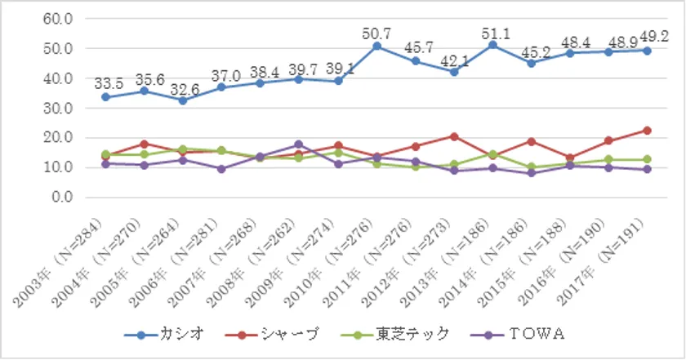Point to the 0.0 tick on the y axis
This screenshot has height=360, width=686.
(x=62, y=197)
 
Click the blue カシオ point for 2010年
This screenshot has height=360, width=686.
(x=376, y=47)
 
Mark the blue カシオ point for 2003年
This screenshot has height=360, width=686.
(x=105, y=97)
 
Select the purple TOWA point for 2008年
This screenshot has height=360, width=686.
(x=299, y=144)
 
